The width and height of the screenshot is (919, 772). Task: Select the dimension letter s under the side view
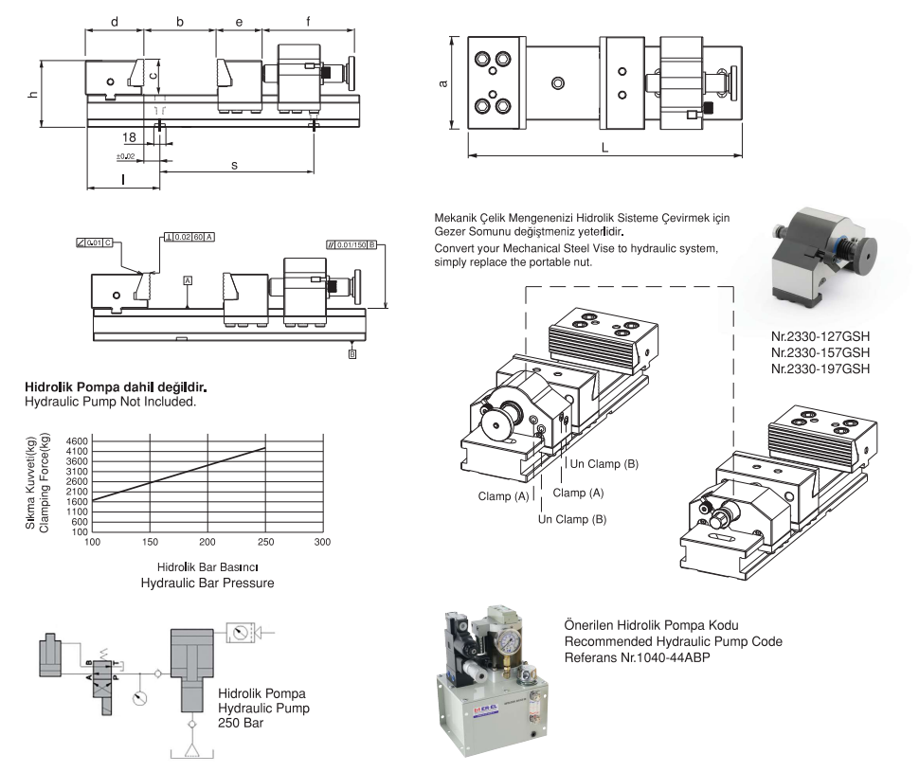[235, 164]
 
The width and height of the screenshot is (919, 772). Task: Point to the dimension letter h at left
[32, 94]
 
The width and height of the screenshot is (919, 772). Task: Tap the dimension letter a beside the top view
[442, 83]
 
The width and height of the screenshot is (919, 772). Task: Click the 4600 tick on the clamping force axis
[75, 441]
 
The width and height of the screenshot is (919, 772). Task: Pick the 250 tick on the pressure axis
[265, 543]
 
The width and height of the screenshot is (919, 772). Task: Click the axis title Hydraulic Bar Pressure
[207, 583]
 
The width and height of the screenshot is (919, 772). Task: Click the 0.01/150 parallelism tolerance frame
[352, 244]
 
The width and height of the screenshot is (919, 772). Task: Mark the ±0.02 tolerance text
[125, 154]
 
